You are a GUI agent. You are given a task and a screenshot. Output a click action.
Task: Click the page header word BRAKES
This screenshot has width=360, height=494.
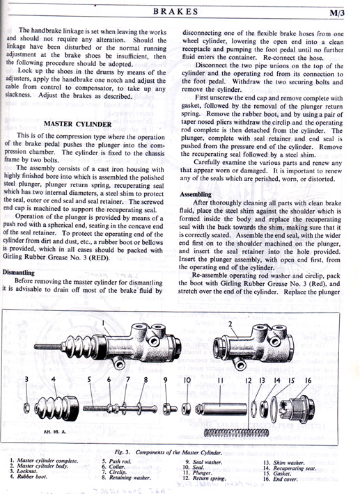coord(175,12)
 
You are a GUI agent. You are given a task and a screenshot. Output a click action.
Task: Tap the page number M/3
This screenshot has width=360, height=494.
coord(336,13)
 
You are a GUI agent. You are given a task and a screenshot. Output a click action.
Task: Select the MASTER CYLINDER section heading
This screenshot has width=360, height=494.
coord(77,124)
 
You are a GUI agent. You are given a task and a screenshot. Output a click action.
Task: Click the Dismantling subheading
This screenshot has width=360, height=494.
coord(18,273)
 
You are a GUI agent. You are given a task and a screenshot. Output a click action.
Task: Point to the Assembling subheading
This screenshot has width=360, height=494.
coord(196,194)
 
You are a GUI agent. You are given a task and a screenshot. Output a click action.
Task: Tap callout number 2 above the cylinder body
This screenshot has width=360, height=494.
coord(230,324)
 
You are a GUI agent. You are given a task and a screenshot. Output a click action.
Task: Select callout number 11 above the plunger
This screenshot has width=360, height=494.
coord(220,381)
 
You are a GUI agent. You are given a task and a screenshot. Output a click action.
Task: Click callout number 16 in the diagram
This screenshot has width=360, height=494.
coord(308,381)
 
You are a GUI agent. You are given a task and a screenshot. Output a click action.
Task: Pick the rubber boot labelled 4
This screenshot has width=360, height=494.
coord(57,408)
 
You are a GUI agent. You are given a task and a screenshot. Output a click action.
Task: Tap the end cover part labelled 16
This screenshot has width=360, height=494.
coord(297,408)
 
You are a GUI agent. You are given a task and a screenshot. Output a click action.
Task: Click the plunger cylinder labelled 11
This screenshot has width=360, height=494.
coord(221,409)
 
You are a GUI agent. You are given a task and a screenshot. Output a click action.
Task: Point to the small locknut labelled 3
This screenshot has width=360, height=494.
coord(27,408)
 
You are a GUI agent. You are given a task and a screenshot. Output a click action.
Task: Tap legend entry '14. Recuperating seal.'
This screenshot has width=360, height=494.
coord(290,468)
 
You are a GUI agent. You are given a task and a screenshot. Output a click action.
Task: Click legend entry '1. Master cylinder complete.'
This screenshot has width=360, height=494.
coord(43,461)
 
